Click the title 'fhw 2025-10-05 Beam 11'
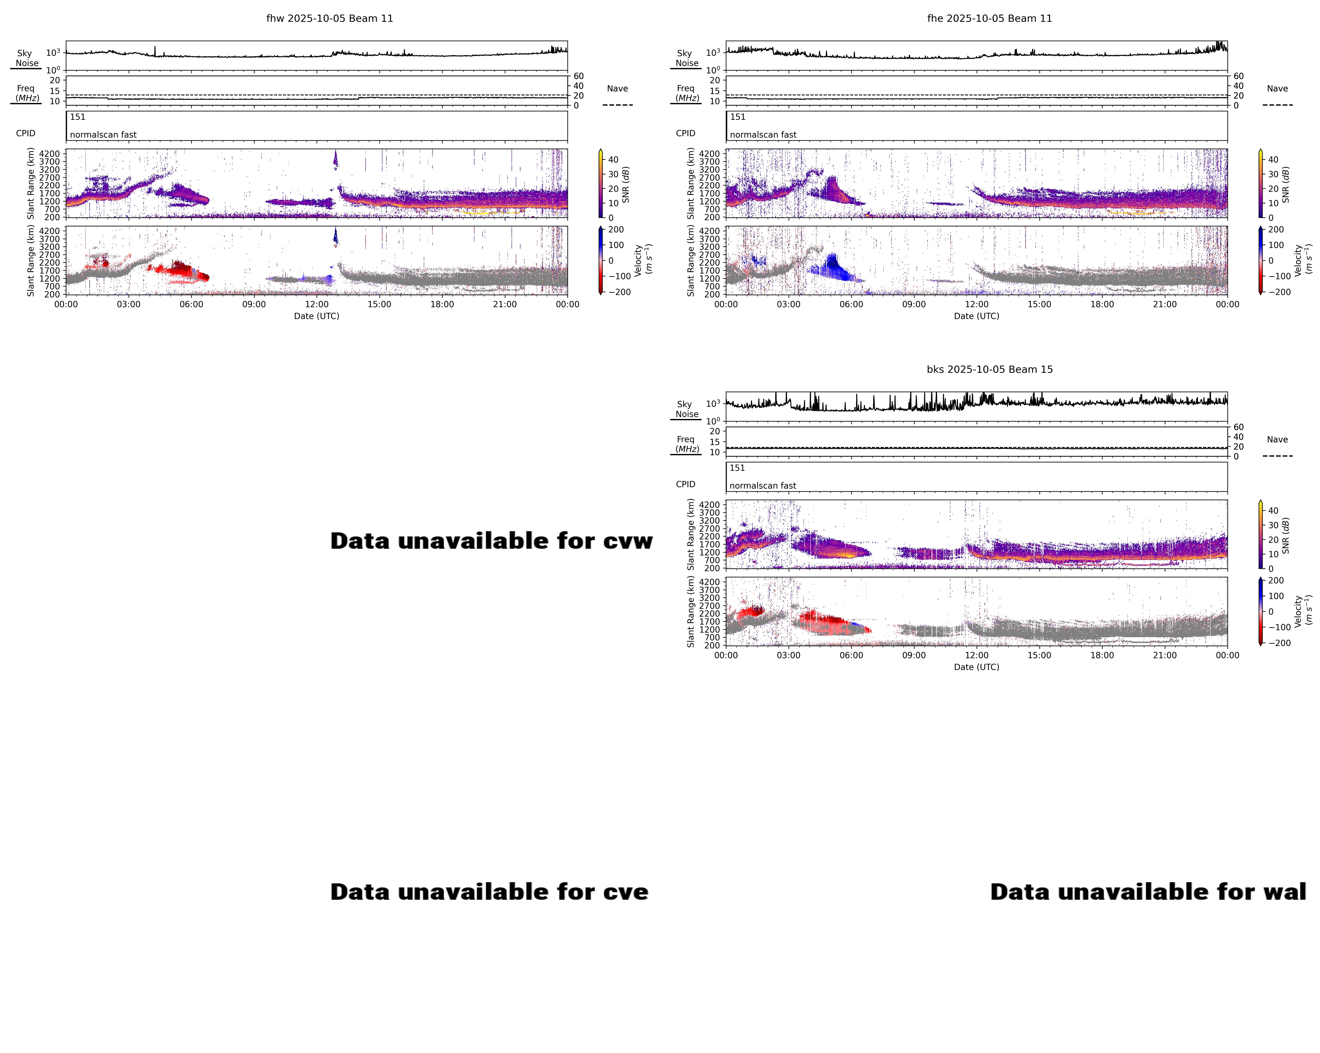click(329, 18)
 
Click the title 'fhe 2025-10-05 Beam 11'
click(989, 18)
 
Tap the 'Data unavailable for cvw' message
click(491, 541)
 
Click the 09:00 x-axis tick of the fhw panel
click(254, 304)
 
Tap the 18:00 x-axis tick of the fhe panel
click(1102, 304)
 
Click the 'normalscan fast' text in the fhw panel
click(103, 135)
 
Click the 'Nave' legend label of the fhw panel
click(617, 89)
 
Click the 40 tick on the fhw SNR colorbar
click(613, 160)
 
